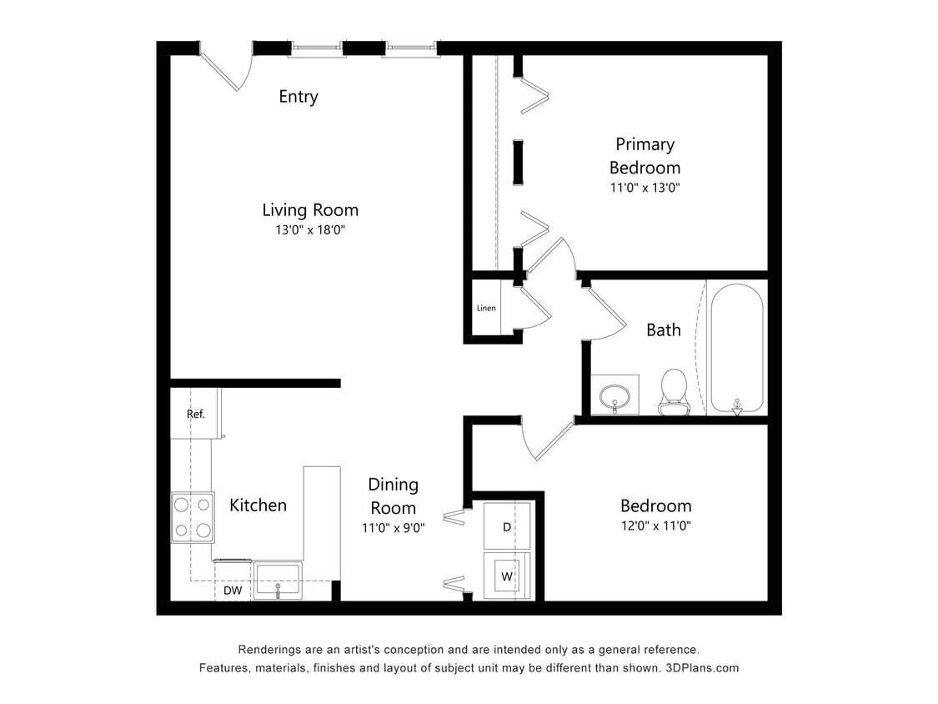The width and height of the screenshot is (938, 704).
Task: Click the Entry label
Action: [298, 97]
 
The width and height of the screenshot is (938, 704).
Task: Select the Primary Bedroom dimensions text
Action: [645, 188]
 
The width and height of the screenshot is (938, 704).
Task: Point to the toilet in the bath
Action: [673, 391]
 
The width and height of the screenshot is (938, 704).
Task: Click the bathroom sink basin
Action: [615, 394]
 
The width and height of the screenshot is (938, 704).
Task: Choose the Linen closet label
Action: [486, 309]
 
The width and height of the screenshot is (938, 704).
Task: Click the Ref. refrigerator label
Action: [195, 414]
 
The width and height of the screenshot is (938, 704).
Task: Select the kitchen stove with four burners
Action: [193, 517]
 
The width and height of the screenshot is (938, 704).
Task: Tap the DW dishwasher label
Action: [233, 591]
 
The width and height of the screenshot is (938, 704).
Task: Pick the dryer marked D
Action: [507, 527]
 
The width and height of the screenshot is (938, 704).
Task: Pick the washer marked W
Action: [507, 576]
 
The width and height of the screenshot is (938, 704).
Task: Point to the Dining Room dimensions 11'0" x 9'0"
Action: [394, 527]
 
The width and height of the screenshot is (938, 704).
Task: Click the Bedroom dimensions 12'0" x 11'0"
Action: [655, 526]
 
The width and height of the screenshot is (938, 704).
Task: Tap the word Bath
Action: [664, 330]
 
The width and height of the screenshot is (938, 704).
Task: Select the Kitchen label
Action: [258, 505]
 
